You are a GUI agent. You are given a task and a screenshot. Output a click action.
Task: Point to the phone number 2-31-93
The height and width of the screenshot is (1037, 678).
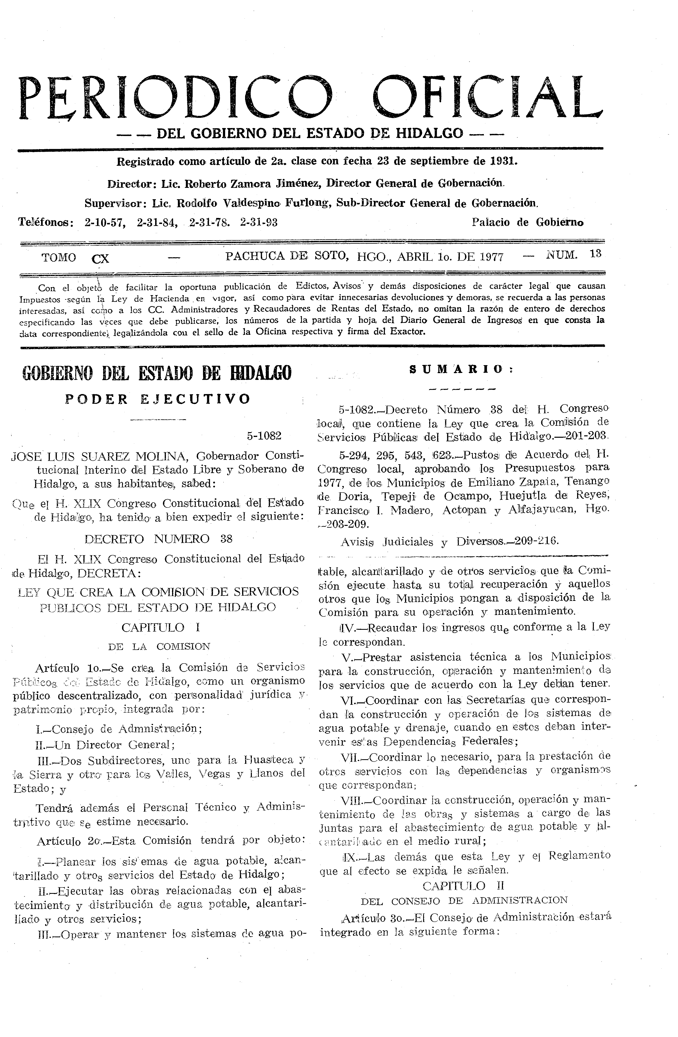[259, 223]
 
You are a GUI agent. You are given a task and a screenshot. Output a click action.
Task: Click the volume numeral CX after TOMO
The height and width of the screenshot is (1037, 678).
[101, 259]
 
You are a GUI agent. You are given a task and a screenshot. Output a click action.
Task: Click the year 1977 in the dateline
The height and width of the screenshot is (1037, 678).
[491, 257]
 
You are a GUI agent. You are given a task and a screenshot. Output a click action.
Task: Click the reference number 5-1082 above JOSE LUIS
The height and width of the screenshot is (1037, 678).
[264, 436]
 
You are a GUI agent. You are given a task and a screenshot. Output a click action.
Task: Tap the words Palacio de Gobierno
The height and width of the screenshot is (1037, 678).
[528, 223]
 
